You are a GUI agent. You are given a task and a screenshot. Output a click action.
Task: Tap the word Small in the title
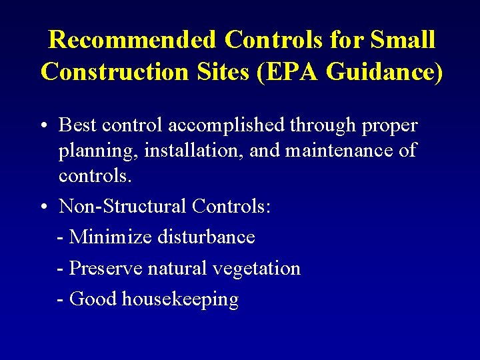tap(403, 40)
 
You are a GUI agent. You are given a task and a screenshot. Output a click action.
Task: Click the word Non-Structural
tap(123, 206)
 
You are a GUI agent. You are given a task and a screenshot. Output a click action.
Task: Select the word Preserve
tap(105, 268)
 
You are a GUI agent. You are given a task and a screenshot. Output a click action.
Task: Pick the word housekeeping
tap(180, 300)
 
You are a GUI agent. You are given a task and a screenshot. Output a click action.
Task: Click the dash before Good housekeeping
tap(61, 299)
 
